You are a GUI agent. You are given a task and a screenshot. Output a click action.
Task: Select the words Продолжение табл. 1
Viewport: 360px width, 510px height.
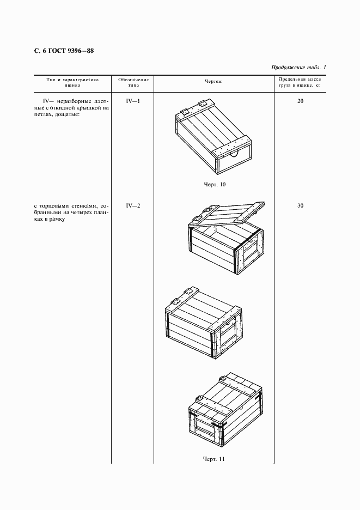(298, 67)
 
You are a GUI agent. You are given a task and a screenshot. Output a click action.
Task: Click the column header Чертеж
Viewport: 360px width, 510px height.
(213, 82)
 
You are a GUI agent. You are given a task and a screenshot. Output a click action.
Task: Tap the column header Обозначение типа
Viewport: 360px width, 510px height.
(133, 82)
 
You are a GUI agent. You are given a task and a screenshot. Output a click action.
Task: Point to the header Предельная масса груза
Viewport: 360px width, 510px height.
(300, 82)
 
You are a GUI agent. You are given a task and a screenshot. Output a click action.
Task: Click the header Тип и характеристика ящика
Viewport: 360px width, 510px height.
(72, 82)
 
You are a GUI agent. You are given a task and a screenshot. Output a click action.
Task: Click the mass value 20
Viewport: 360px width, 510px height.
(300, 101)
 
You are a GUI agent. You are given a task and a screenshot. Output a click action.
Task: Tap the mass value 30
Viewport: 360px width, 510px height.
(300, 205)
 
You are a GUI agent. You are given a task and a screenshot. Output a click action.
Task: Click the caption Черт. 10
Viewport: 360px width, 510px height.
(214, 184)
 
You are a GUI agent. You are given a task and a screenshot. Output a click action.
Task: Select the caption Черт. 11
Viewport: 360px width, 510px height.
(214, 458)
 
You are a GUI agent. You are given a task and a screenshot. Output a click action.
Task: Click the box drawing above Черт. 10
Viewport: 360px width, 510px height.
(213, 136)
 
